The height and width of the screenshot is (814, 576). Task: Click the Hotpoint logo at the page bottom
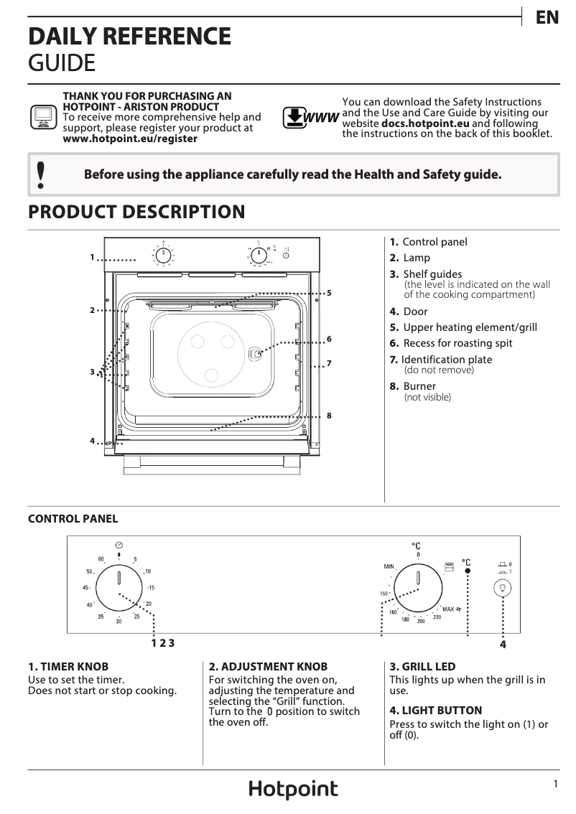pos(293,790)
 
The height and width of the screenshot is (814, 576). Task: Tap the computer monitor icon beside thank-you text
pos(42,116)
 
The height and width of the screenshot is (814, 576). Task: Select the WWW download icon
pos(310,117)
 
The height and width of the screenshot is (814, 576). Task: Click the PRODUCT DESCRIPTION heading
pos(136,212)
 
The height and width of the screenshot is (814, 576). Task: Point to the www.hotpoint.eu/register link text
pos(130,139)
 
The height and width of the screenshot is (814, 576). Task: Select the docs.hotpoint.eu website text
pos(425,123)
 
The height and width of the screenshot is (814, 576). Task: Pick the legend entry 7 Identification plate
pos(446,360)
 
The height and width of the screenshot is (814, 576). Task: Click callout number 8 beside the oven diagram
pos(328,416)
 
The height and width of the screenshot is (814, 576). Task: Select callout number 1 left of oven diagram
pos(92,256)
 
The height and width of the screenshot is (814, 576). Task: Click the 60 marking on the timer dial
pos(101,559)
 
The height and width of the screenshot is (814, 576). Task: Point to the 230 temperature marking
pos(437,617)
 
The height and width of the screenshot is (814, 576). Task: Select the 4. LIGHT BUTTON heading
pos(435,710)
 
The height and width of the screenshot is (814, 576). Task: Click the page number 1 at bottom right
pos(555,785)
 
